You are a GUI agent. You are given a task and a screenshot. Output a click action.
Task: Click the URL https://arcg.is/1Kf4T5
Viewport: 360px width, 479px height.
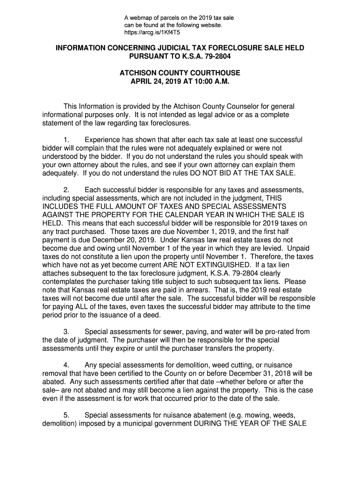pos(152,33)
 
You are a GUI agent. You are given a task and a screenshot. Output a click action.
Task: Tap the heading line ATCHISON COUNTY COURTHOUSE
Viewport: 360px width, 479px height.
pos(180,73)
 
